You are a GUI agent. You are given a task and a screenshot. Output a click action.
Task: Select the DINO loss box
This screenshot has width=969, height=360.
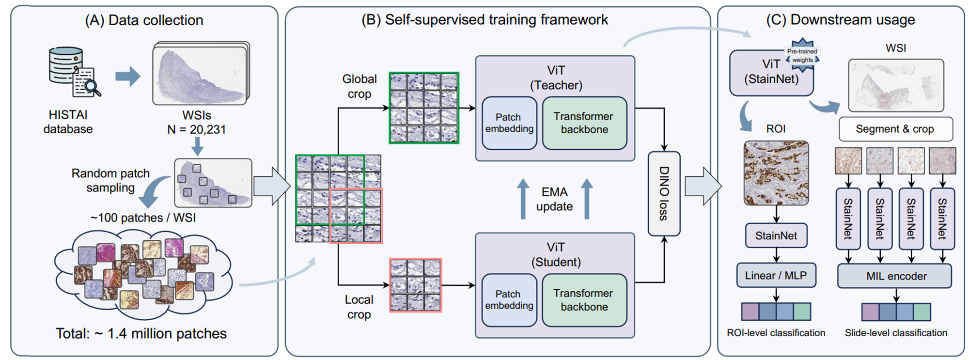tap(664, 194)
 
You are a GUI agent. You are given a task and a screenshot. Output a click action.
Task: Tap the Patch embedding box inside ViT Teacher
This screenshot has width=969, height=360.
tap(509, 123)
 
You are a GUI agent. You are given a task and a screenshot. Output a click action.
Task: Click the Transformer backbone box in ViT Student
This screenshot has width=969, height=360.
tap(584, 300)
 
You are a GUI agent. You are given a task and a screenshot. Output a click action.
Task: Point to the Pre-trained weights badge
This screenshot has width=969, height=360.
tap(802, 55)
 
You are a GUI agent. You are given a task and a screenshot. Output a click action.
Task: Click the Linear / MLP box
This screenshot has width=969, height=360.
tap(776, 275)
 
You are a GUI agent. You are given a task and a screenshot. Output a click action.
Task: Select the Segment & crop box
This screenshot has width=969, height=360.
tap(895, 129)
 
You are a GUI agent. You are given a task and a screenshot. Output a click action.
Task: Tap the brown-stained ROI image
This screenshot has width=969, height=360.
tap(776, 173)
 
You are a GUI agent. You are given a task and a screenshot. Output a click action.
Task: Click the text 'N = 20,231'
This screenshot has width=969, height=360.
tap(196, 129)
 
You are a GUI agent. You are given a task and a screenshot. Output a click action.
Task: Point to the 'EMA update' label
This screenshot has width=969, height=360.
tap(554, 199)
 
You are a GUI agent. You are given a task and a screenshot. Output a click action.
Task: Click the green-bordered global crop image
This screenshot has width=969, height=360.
tap(424, 108)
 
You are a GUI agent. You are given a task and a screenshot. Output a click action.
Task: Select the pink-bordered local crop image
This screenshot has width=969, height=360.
tap(416, 285)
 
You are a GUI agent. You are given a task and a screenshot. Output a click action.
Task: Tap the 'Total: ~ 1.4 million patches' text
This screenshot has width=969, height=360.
tap(141, 333)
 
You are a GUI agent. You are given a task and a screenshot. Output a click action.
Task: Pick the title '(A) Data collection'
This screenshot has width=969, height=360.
tap(144, 20)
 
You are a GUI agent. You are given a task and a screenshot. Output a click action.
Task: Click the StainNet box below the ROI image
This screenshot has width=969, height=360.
tap(776, 235)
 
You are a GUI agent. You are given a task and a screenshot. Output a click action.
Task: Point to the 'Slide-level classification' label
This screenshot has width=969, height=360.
tap(896, 333)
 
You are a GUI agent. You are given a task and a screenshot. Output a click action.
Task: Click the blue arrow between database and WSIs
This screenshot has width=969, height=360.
tap(127, 76)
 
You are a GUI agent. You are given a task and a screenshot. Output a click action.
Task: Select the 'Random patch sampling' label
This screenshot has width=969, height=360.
tap(110, 180)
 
